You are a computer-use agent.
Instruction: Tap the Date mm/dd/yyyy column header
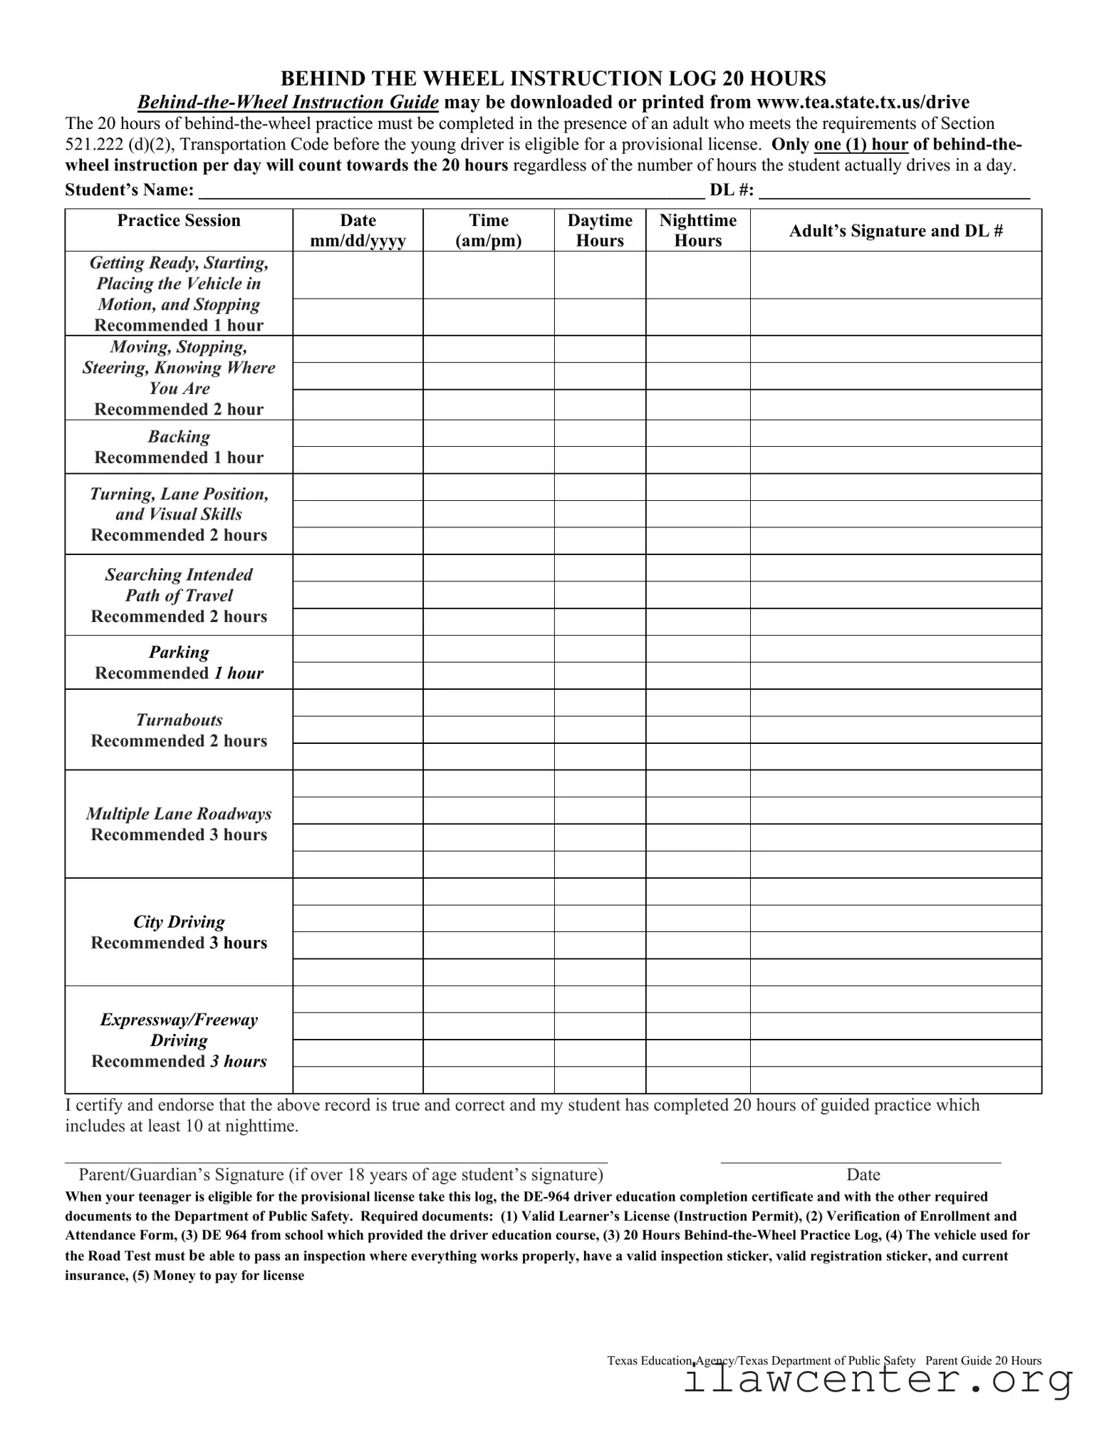pos(358,230)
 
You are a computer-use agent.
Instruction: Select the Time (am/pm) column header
pos(488,230)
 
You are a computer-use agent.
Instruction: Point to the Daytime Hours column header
pos(600,230)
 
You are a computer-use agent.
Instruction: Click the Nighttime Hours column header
pos(697,230)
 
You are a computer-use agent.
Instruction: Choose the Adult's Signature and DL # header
pos(895,231)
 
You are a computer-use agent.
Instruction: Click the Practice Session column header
pos(179,221)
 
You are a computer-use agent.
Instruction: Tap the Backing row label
pos(179,447)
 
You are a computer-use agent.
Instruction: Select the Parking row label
pos(179,662)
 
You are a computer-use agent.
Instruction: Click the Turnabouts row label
pos(179,730)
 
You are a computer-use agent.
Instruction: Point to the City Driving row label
pos(179,932)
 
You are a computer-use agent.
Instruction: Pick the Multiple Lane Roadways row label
pos(179,824)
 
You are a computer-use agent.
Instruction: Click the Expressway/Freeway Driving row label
pos(179,1040)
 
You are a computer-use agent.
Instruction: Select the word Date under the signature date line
pos(863,1174)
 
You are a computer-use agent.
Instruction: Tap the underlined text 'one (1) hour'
pos(861,145)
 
